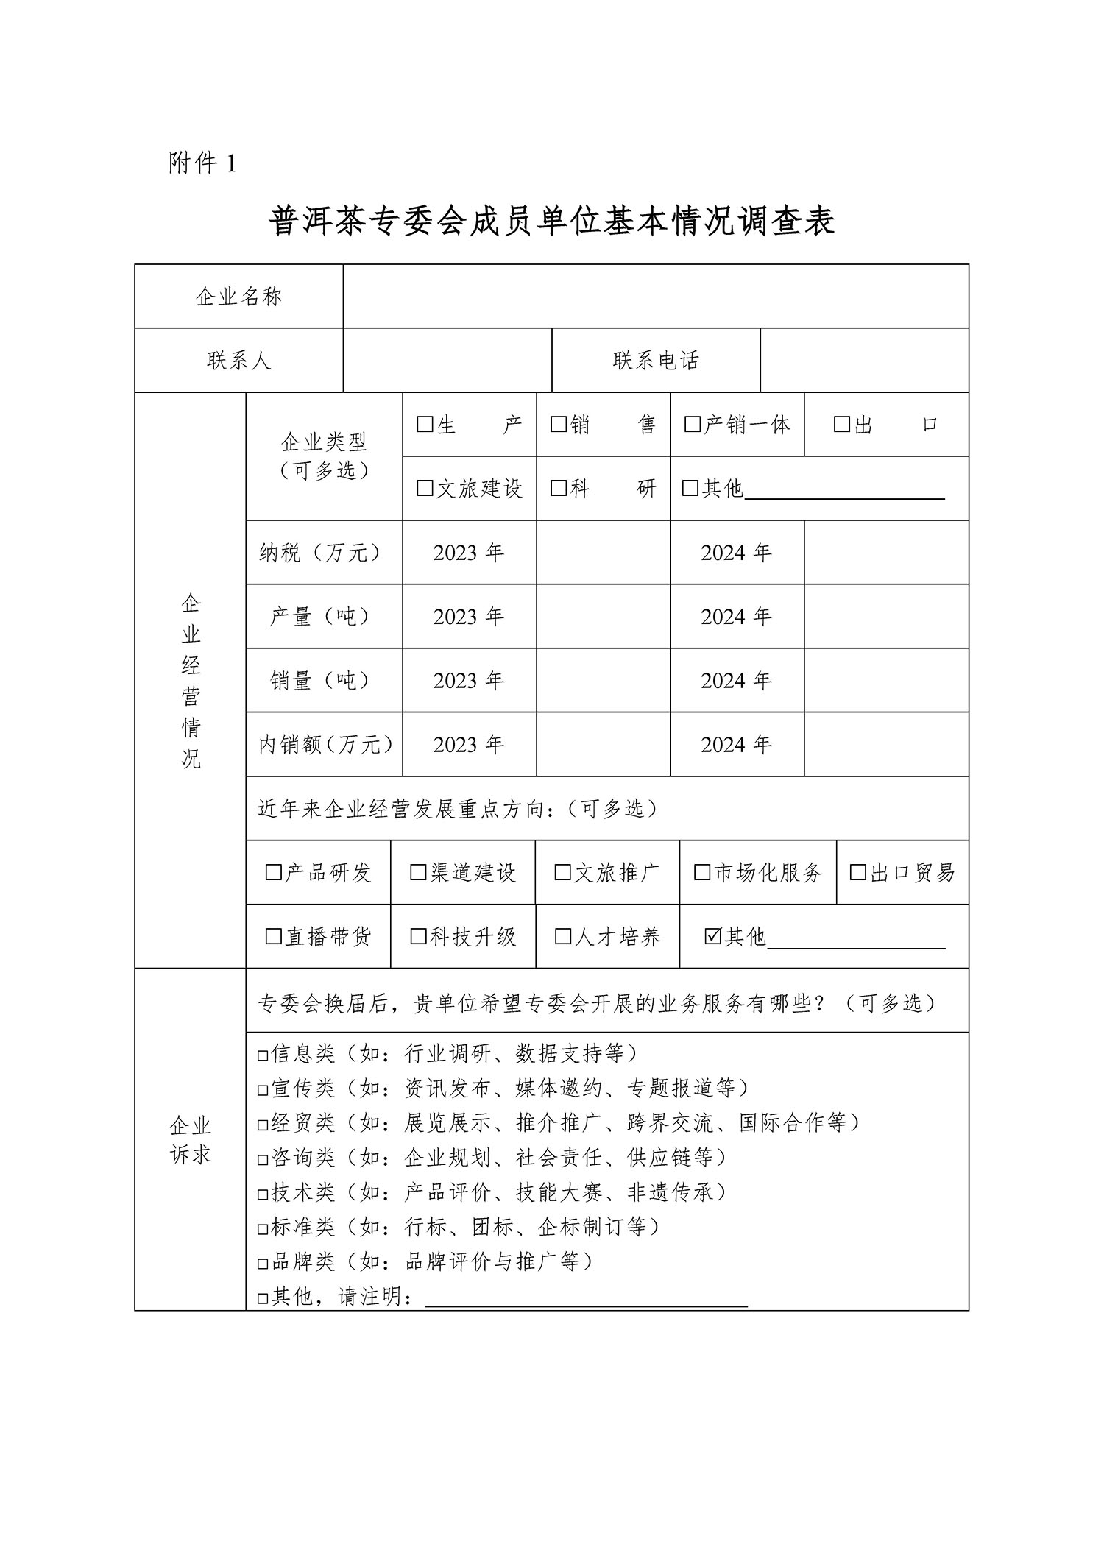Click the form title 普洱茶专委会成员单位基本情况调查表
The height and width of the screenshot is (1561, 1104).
[551, 221]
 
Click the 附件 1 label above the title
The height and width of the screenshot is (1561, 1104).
[202, 163]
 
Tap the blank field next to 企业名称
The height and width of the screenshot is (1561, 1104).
[655, 296]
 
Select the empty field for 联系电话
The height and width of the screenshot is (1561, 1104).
[864, 360]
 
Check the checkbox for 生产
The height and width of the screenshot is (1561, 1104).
[425, 425]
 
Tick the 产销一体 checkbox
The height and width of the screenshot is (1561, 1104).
[692, 425]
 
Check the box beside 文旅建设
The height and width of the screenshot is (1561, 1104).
[425, 488]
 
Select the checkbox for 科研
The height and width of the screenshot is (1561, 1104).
[559, 488]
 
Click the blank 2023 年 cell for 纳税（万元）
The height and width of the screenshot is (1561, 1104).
[603, 552]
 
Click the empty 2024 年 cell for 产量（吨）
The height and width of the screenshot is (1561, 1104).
[885, 616]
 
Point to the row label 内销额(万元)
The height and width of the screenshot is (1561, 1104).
[325, 744]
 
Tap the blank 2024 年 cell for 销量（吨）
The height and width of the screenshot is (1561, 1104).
[885, 680]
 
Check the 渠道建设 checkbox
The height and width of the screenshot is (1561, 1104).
[418, 873]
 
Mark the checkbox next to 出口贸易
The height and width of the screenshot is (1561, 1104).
[858, 873]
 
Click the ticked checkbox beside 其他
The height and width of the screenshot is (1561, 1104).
[712, 936]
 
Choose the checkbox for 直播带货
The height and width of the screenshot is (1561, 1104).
[274, 936]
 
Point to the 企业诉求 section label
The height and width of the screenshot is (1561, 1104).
[190, 1139]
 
